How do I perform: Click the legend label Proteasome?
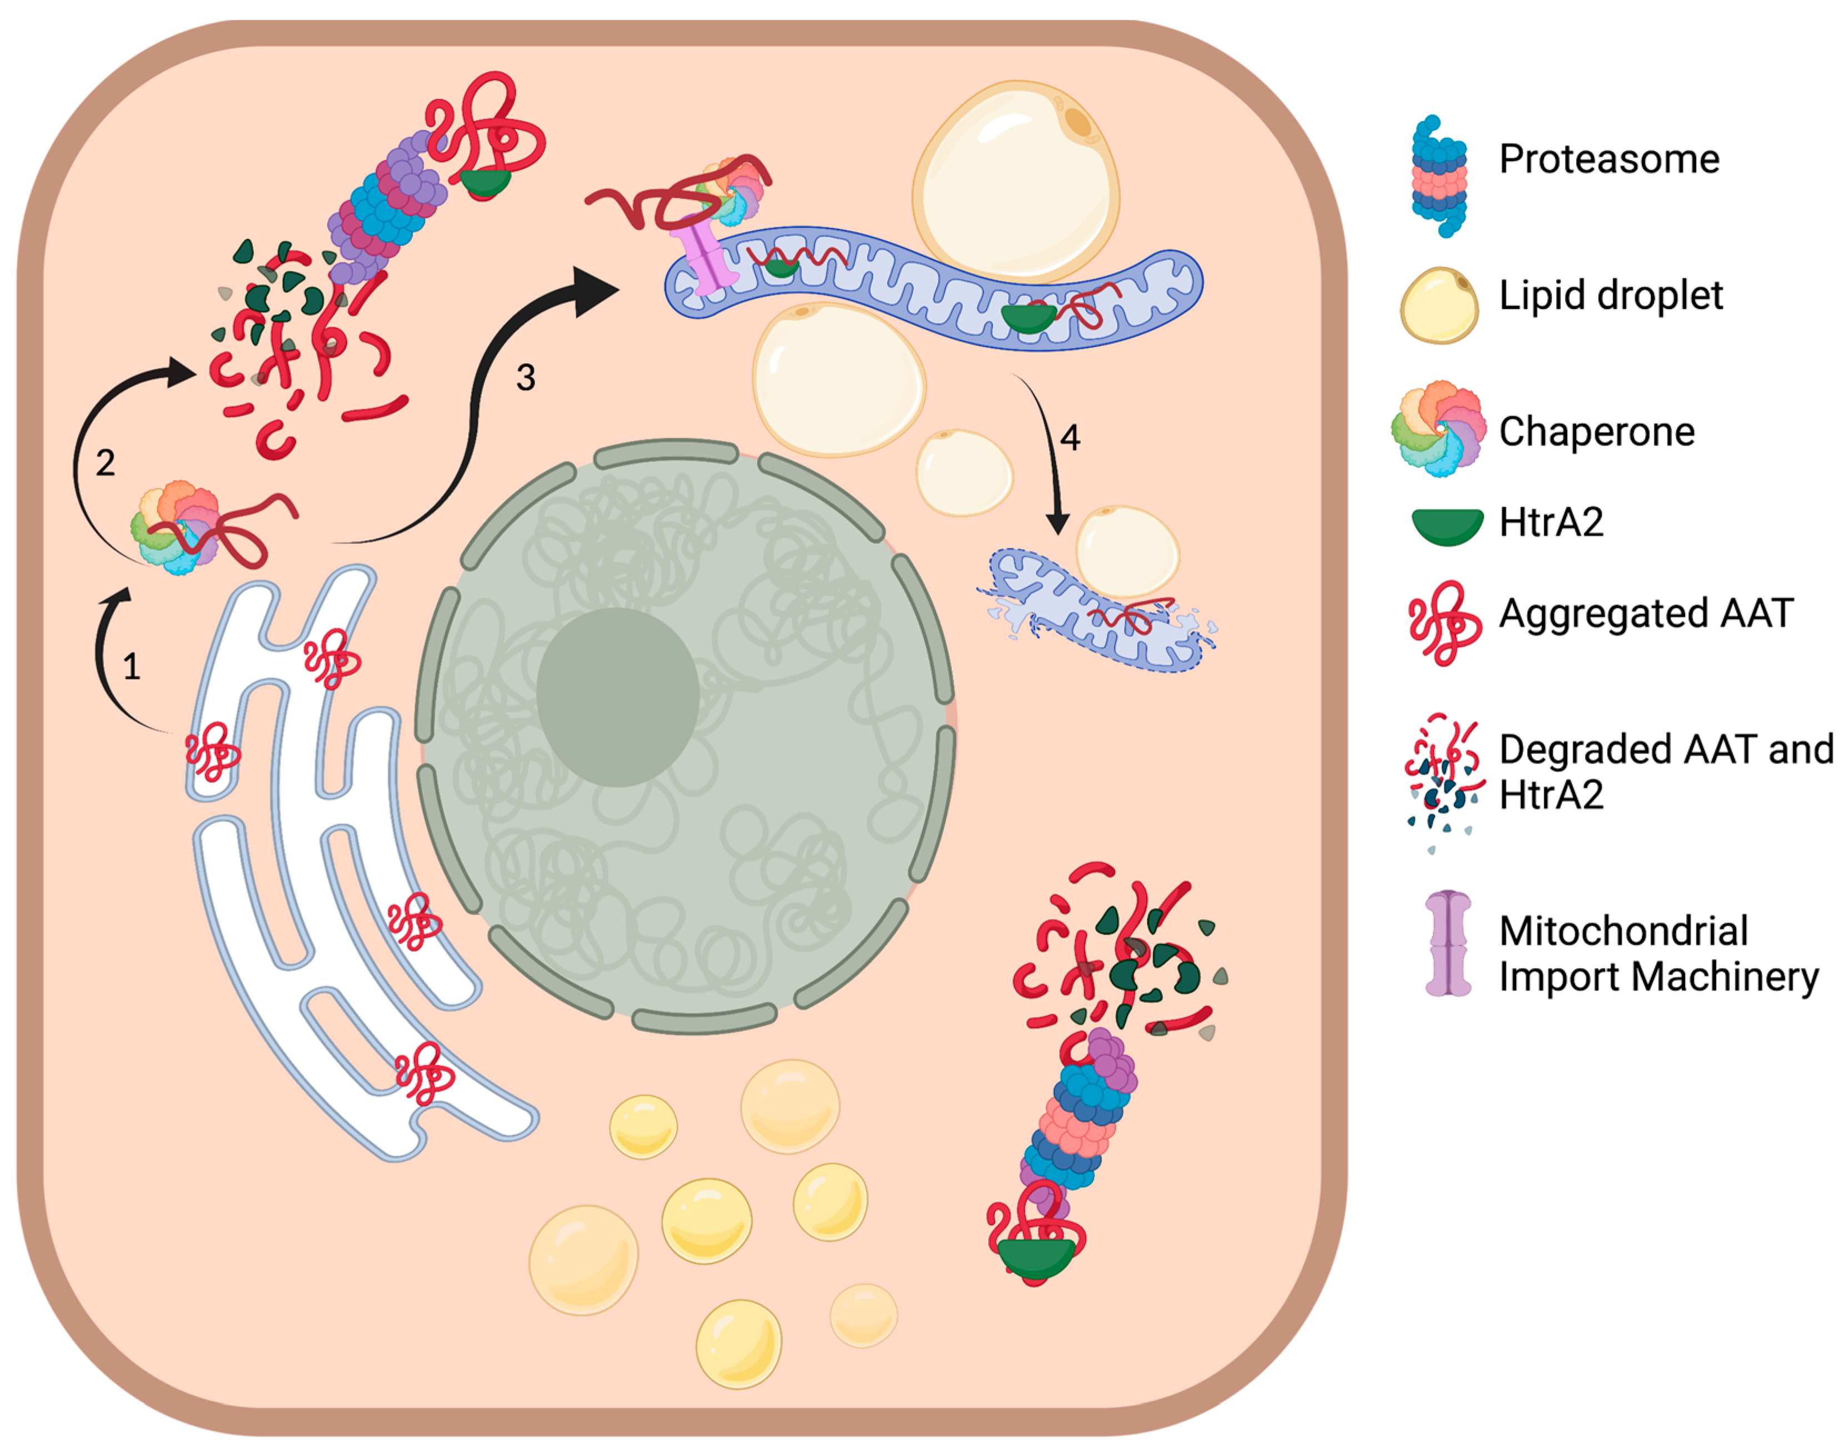tap(1608, 159)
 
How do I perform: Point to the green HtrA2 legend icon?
tap(1447, 527)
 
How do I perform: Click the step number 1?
tap(131, 667)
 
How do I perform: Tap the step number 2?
tap(106, 463)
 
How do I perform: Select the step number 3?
tap(526, 377)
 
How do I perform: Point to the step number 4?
tap(1070, 437)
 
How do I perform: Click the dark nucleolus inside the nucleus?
tap(618, 697)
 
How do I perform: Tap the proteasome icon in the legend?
tap(1439, 176)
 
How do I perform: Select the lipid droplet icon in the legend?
tap(1439, 304)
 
